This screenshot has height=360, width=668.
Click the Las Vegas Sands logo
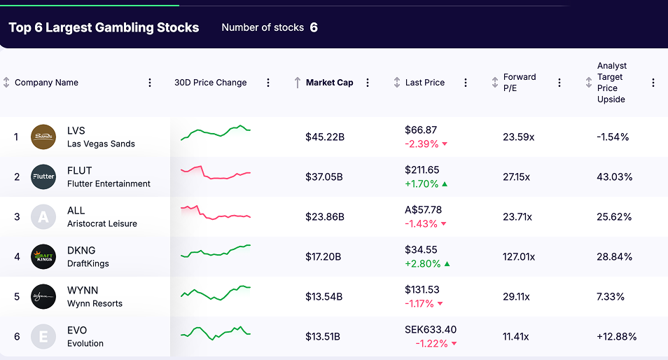click(43, 137)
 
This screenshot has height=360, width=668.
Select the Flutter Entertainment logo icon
click(43, 176)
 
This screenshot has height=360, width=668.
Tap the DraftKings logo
click(43, 256)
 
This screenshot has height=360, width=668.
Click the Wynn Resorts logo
click(43, 296)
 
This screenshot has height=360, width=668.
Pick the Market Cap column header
click(329, 83)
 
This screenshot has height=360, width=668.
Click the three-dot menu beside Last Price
click(466, 83)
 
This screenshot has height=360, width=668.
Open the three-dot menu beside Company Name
click(150, 83)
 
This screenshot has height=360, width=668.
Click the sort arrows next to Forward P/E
click(495, 83)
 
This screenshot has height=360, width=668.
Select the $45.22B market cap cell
click(325, 137)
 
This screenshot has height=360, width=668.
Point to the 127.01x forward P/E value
click(518, 257)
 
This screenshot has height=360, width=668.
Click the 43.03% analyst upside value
click(614, 177)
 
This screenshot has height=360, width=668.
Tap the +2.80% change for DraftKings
click(422, 264)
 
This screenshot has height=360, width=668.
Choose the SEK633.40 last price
click(431, 330)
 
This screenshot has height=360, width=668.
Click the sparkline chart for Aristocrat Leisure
click(215, 214)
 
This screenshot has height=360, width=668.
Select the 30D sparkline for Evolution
click(215, 333)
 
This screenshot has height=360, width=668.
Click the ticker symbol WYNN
click(83, 291)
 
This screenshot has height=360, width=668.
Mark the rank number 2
click(17, 177)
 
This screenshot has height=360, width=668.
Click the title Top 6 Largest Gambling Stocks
click(104, 28)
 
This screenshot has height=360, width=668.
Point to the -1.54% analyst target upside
click(613, 137)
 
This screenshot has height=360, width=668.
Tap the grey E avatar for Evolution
click(43, 336)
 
